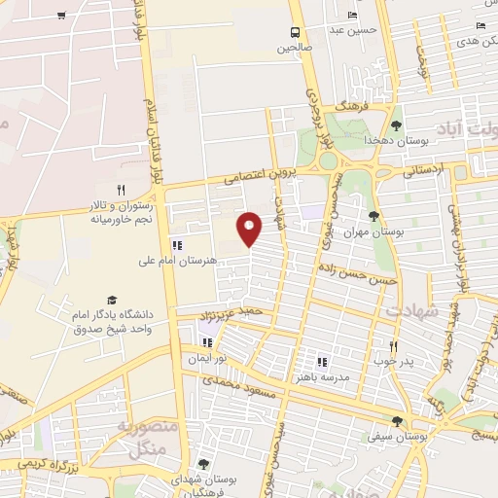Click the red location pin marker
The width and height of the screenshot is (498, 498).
point(250,229)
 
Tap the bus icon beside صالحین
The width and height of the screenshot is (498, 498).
point(296,31)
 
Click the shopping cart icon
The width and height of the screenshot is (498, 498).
point(62,16)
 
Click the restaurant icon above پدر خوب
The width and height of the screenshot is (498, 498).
point(393,345)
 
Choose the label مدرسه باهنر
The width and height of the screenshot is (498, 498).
point(322,374)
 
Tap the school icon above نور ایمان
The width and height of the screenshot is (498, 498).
point(206,342)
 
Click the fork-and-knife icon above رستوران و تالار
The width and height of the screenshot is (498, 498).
point(122,190)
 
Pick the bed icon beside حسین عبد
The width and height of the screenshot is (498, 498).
point(352,15)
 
